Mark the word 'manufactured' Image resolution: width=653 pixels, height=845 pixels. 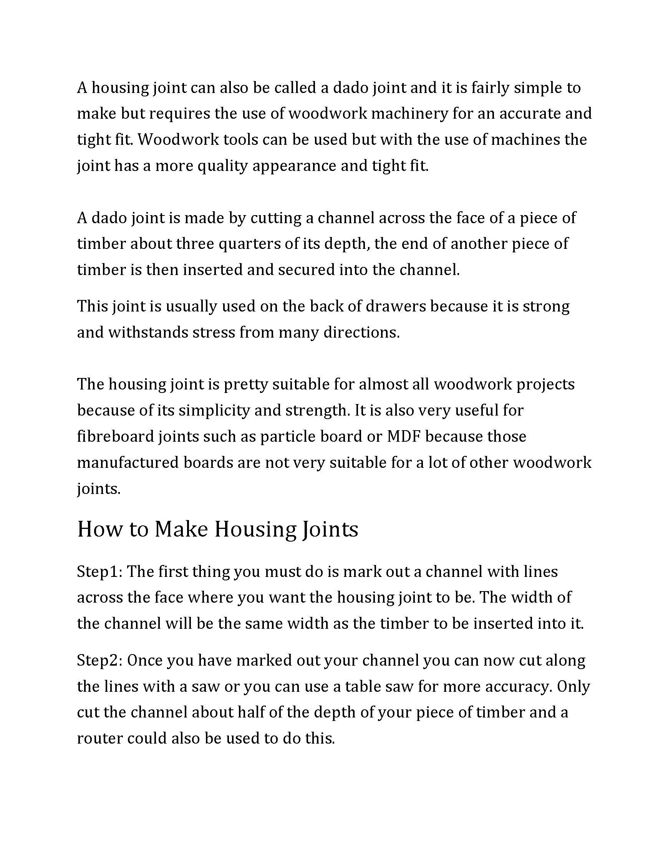coord(128,463)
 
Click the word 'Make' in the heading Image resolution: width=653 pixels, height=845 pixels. coord(181,529)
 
